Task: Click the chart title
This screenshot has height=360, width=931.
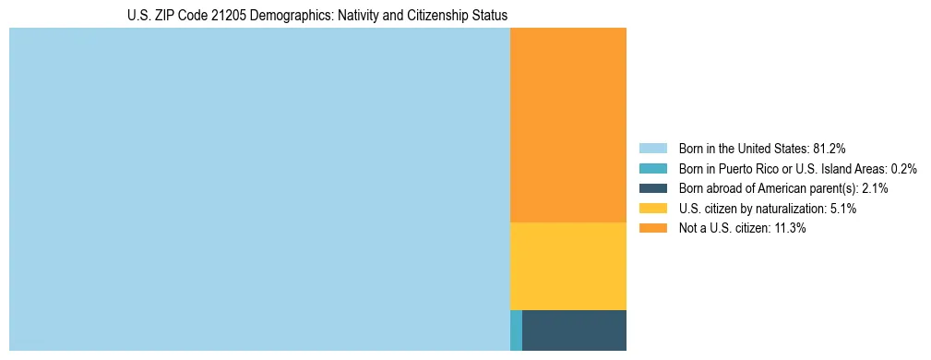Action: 317,16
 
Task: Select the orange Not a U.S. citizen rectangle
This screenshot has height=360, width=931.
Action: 567,125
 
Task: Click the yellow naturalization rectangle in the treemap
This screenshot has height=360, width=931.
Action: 567,266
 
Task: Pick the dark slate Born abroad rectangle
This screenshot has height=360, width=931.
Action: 574,330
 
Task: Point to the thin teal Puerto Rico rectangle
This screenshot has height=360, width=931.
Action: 516,330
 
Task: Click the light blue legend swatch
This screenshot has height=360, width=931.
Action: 652,148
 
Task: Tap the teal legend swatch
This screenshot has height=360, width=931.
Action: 652,168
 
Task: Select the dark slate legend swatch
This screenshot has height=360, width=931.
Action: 652,188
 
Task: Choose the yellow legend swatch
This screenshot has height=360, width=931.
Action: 652,209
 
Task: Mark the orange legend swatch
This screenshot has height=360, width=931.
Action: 652,229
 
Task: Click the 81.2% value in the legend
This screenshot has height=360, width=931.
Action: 830,148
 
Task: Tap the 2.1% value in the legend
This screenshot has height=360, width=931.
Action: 874,188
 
